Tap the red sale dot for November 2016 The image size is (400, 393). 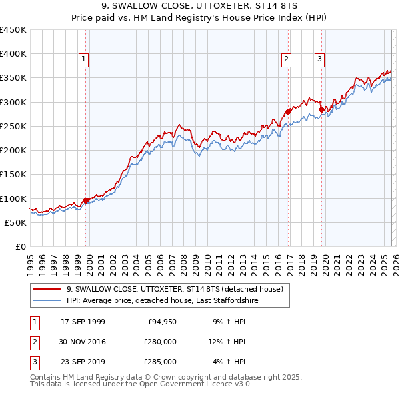(288, 111)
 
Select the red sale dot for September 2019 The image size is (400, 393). (321, 109)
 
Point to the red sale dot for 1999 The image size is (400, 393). (85, 200)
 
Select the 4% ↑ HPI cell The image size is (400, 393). (230, 362)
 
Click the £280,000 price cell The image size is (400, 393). (159, 342)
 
